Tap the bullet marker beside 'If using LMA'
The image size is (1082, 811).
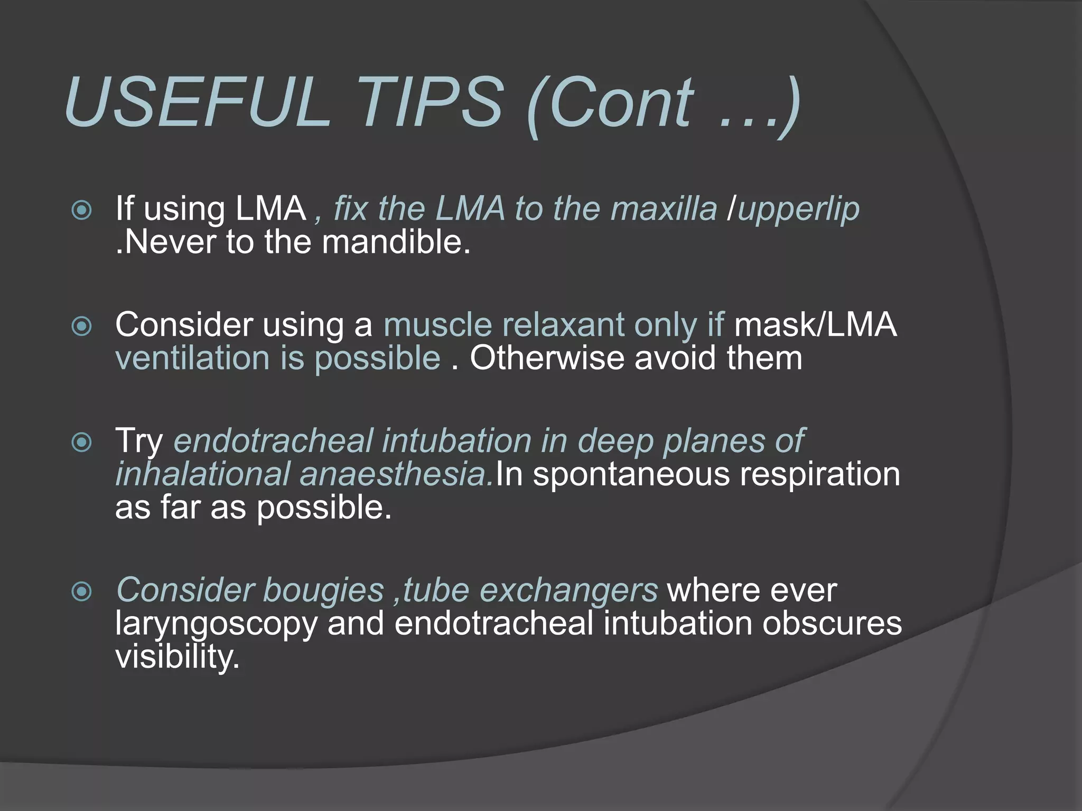click(82, 211)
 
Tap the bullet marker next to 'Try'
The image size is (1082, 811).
click(82, 442)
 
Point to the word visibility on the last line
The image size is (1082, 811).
click(178, 657)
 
